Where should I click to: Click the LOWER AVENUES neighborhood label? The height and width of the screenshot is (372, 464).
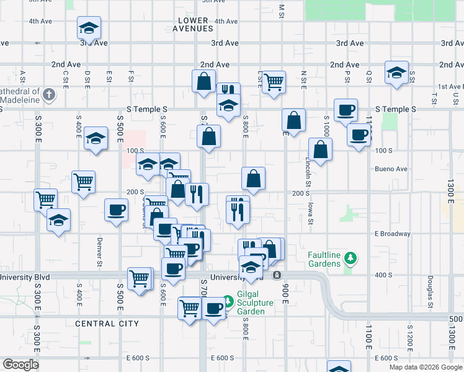(195, 24)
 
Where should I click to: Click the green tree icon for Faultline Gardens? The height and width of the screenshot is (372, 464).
(350, 257)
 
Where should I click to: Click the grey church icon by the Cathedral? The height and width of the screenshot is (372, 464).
(49, 94)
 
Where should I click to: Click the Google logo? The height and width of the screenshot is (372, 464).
(21, 364)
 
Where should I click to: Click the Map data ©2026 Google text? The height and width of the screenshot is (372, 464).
(425, 367)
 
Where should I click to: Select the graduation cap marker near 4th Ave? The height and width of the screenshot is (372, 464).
(89, 28)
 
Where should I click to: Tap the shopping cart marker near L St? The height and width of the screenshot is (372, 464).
(273, 82)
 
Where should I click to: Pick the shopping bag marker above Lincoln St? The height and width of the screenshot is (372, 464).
(319, 149)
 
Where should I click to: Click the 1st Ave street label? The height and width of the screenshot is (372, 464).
(448, 87)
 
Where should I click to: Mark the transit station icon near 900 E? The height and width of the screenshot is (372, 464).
(277, 275)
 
